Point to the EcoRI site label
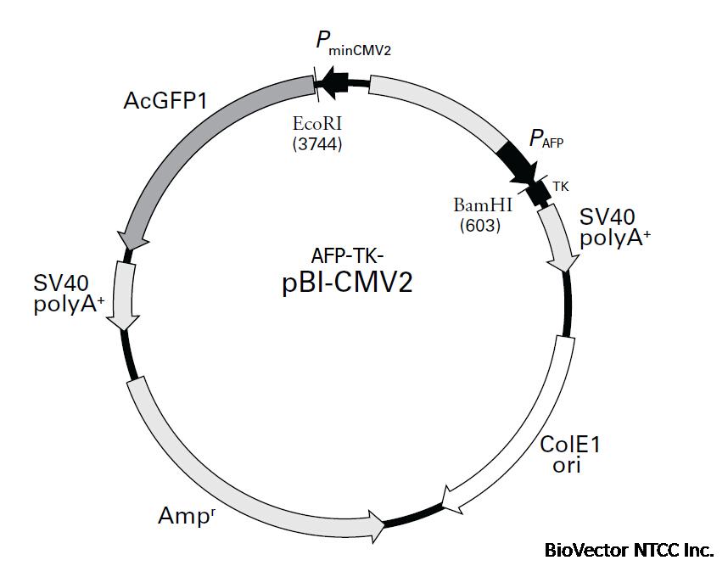(316, 124)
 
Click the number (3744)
(316, 143)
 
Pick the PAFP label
(546, 139)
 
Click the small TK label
(561, 185)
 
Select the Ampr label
(187, 513)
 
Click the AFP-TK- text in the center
(348, 255)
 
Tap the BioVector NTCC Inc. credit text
(629, 550)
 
